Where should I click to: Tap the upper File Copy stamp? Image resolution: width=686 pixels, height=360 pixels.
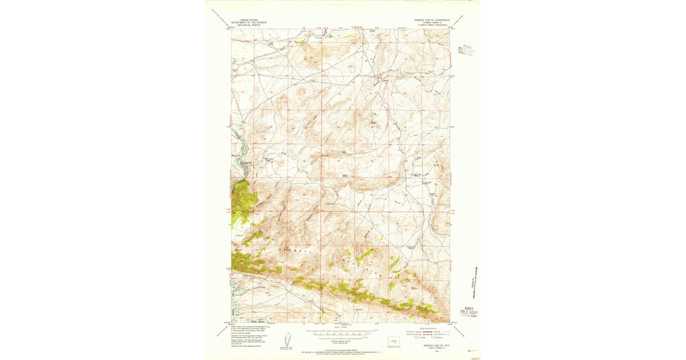[468, 52]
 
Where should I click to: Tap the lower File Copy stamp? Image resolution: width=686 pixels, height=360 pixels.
[469, 313]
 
